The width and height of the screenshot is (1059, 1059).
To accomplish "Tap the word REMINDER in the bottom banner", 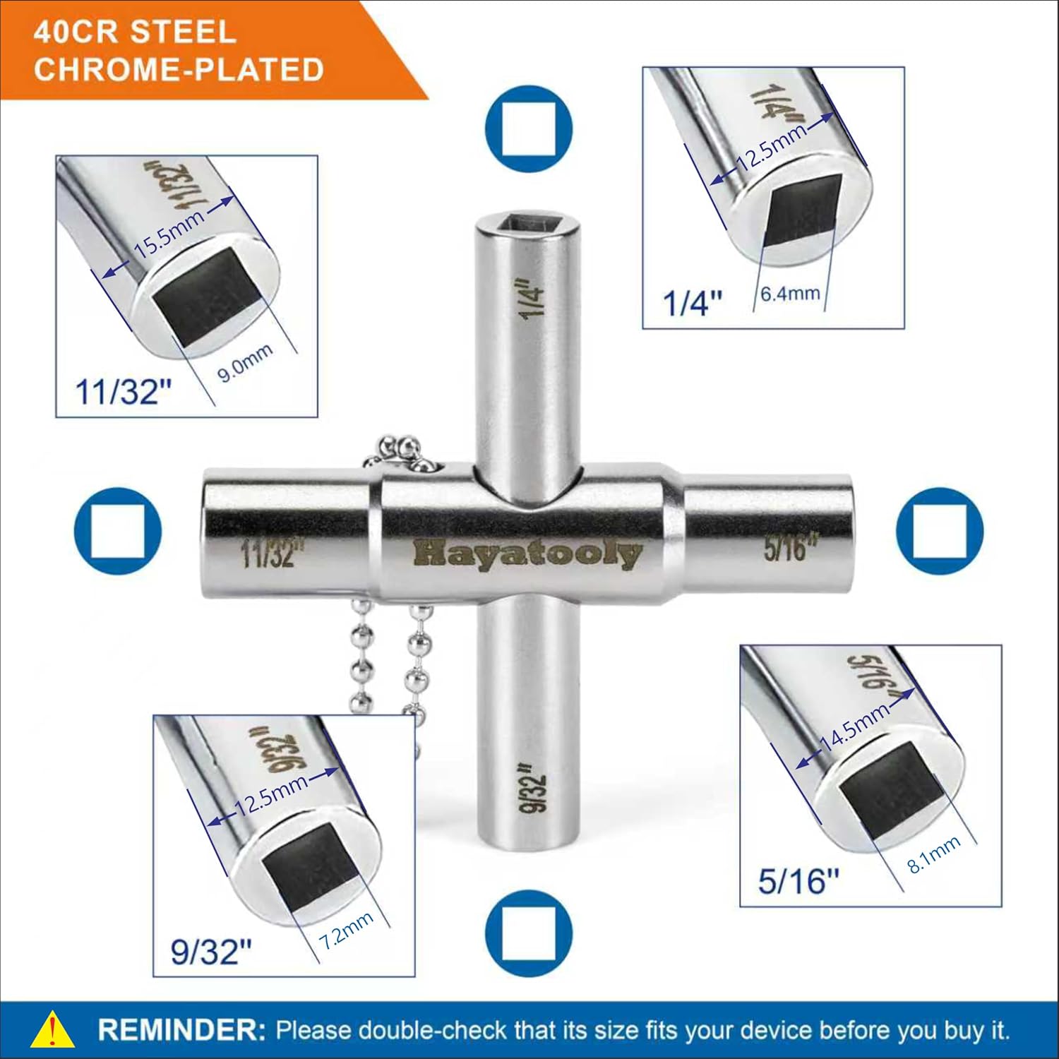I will [x=181, y=1029].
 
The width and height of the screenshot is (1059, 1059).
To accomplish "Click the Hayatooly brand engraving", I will [x=527, y=553].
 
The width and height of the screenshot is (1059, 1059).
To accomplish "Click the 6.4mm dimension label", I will [x=790, y=292].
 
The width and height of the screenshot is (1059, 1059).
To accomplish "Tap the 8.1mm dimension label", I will [x=933, y=854].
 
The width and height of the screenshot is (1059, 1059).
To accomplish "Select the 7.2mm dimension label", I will [x=346, y=930].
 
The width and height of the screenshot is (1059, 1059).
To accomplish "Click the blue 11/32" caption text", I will [x=124, y=391].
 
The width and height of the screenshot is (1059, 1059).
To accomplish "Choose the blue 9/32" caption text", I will [x=211, y=952].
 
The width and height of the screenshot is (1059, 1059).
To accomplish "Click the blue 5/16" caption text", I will [x=798, y=881].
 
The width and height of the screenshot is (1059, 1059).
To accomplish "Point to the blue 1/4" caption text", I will [x=693, y=303].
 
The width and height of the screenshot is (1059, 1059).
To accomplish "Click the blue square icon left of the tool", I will [x=118, y=531].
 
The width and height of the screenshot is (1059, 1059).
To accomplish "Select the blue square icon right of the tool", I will [x=939, y=530].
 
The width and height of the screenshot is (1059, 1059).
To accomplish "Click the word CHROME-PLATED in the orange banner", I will [x=179, y=69].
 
